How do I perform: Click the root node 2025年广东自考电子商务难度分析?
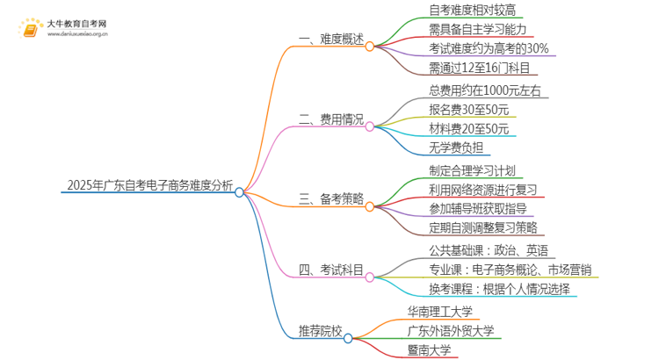(x=149, y=185)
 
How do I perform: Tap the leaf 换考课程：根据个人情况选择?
(x=488, y=289)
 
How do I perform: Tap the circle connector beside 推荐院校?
(x=349, y=338)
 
